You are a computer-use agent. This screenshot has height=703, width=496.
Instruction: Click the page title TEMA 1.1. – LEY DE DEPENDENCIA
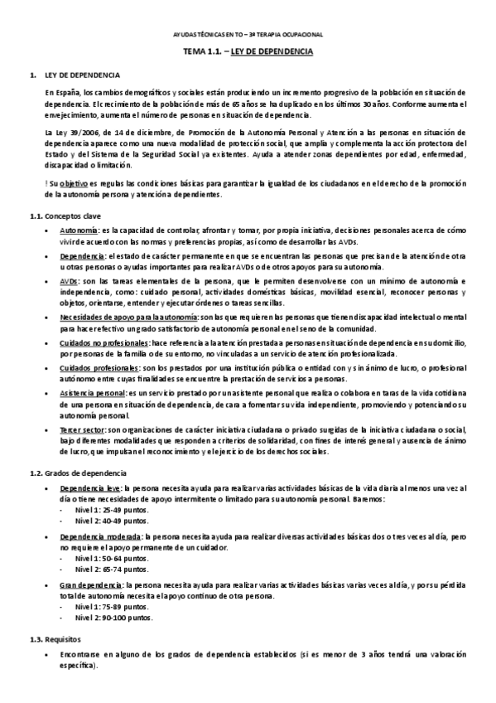(248, 51)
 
